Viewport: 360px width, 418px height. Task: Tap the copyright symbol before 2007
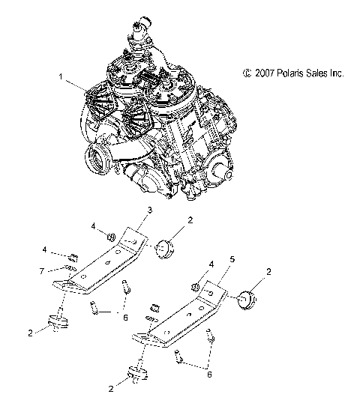point(238,73)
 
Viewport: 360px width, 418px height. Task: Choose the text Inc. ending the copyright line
point(336,73)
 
